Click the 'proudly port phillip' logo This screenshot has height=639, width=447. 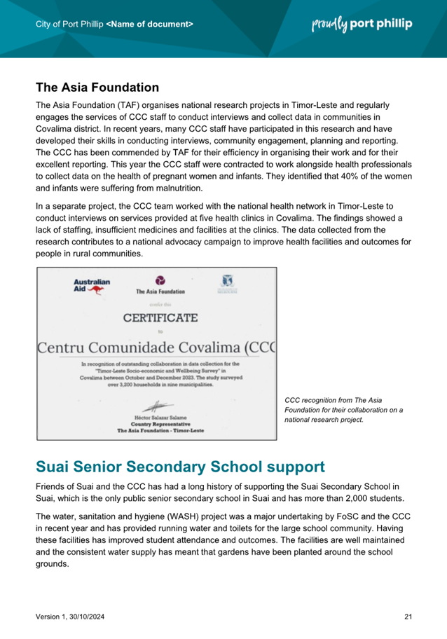(362, 24)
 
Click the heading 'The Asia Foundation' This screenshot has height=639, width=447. (97, 88)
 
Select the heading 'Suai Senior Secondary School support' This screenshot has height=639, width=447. (180, 466)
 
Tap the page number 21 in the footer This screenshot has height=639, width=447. (408, 616)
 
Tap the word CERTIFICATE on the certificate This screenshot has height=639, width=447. (160, 317)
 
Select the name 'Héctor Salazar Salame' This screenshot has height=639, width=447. (160, 417)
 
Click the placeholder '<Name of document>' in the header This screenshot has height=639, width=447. (149, 25)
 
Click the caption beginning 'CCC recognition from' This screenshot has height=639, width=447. (343, 410)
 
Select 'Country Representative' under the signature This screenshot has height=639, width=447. (160, 424)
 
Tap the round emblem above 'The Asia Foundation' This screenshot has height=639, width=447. (160, 279)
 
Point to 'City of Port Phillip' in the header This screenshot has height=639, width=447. (69, 25)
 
